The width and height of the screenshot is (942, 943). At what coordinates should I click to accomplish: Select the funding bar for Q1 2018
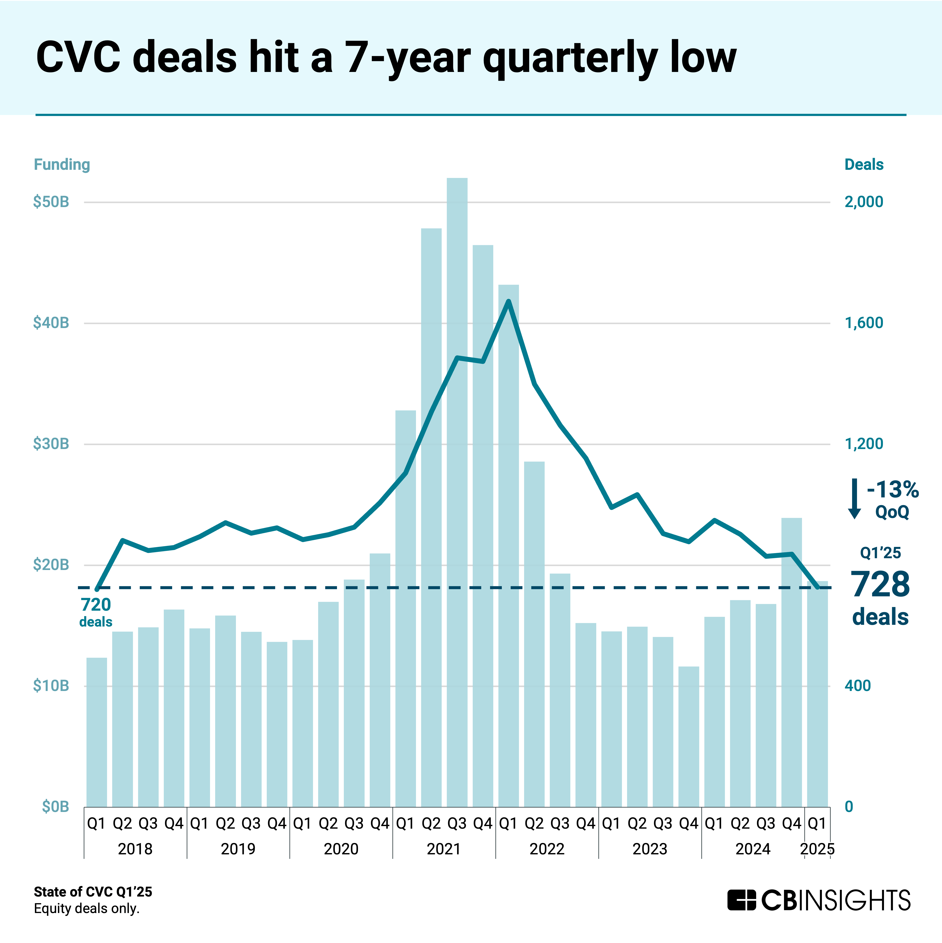click(x=97, y=732)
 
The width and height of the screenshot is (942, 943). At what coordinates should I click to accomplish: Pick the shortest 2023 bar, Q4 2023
click(x=689, y=737)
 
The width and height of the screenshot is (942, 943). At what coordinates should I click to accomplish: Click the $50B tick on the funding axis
click(x=51, y=202)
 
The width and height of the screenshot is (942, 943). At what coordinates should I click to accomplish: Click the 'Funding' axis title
click(x=62, y=164)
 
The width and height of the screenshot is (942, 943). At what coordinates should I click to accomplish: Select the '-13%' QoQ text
click(x=892, y=489)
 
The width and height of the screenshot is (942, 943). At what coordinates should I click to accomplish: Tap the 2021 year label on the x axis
click(x=444, y=849)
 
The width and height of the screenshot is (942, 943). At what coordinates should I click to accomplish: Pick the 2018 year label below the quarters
click(x=135, y=849)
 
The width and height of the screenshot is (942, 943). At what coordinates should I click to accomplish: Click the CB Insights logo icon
click(x=741, y=901)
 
